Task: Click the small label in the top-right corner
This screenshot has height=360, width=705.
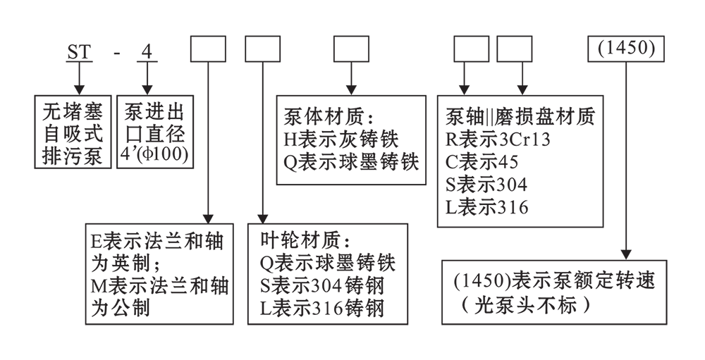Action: tap(630, 49)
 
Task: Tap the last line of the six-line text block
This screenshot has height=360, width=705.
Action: tap(493, 207)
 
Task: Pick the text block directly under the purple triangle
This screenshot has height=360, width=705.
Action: tap(349, 141)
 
